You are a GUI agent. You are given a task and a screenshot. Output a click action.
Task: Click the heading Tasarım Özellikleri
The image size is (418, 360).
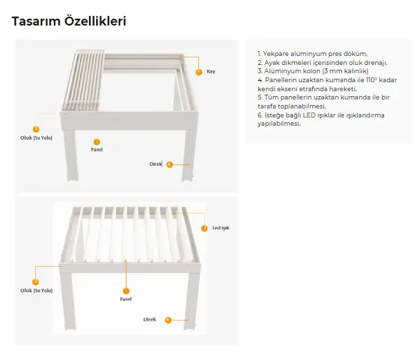[69, 21]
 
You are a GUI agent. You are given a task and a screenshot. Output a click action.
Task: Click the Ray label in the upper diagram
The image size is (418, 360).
[211, 72]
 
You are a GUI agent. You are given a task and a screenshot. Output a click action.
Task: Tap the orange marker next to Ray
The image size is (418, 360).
[199, 72]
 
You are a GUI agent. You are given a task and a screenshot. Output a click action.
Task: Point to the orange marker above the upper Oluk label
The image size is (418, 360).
[36, 129]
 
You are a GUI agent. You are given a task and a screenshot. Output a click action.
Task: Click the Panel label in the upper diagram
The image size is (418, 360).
[97, 149]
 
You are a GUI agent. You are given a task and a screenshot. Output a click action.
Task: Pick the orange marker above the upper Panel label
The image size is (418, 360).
[97, 142]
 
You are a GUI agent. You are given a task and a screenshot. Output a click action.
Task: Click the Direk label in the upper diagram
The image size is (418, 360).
[155, 164]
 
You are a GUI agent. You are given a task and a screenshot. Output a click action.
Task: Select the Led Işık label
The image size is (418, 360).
[220, 228]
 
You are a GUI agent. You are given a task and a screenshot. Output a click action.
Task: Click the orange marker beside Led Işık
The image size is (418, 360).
[205, 228]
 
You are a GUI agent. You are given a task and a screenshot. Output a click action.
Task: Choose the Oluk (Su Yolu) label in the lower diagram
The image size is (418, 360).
[37, 290]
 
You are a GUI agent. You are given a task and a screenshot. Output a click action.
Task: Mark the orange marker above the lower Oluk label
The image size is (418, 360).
[36, 282]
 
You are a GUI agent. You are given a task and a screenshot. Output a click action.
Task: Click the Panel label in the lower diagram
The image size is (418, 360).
[126, 300]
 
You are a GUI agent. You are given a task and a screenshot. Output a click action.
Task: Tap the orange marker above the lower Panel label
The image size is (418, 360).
[126, 292]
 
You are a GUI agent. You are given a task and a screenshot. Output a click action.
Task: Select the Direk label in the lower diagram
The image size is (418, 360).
[150, 320]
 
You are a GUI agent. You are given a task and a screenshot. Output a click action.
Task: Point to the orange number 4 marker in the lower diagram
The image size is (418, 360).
[168, 320]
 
